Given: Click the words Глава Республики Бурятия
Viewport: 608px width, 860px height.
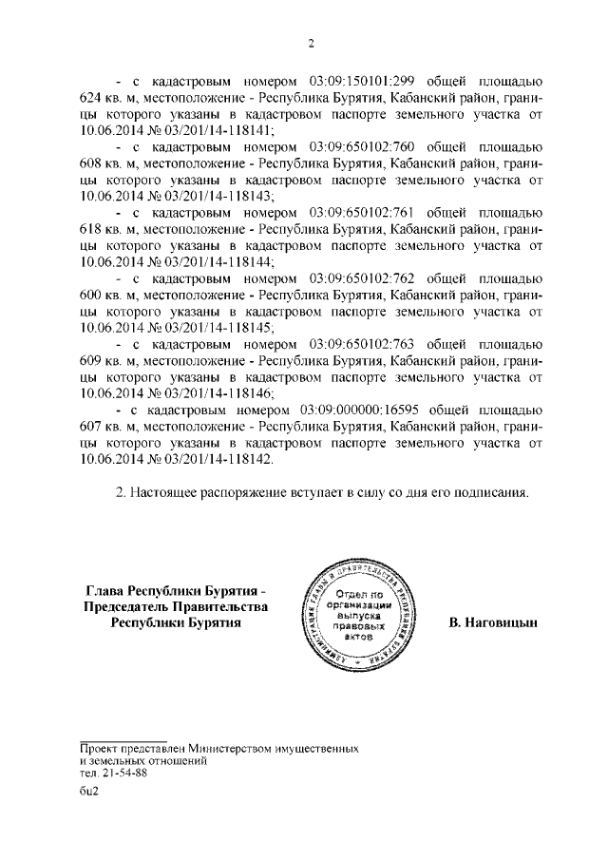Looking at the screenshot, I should pos(168,590).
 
